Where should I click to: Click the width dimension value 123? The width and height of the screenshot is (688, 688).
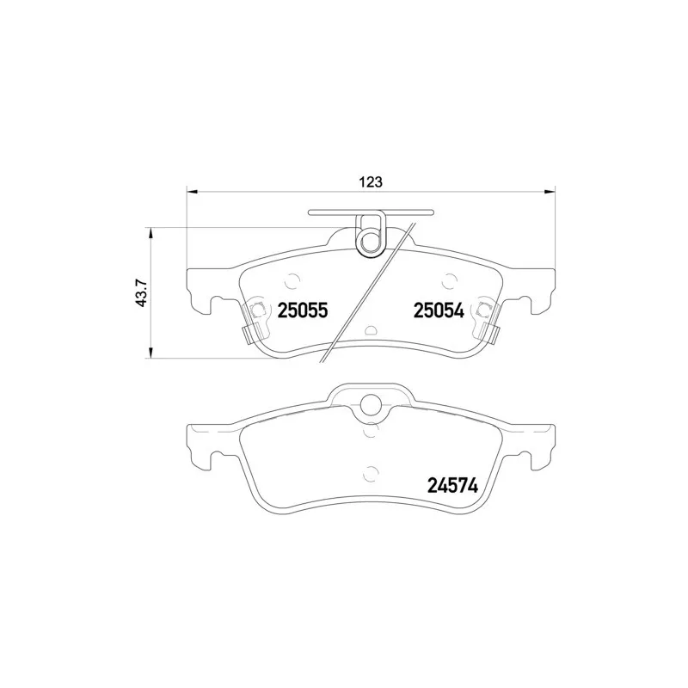[x=371, y=181]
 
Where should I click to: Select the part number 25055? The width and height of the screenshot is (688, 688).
[x=303, y=311]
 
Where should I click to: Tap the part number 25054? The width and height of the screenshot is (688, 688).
[x=439, y=311]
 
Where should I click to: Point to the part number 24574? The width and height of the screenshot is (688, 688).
[x=452, y=486]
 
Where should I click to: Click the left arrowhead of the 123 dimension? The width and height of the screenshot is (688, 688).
[x=193, y=192]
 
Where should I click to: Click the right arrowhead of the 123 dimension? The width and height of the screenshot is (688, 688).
[x=550, y=192]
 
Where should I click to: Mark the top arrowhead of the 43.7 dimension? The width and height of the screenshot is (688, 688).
[x=151, y=233]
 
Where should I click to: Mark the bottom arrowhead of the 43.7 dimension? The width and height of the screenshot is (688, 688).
[x=151, y=353]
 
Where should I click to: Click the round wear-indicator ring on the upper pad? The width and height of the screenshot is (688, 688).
[x=371, y=239]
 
